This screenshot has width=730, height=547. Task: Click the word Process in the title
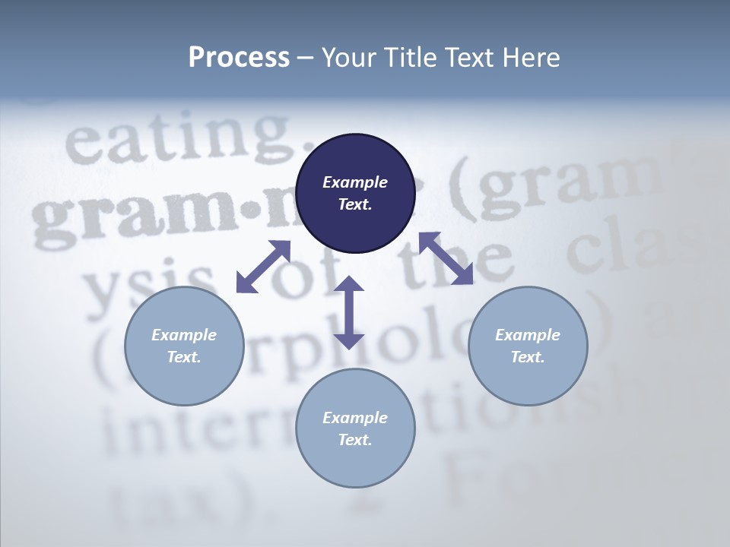239,58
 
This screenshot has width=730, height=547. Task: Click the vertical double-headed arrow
349,312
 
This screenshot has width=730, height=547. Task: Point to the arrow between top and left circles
263,266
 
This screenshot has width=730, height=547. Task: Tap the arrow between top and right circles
446,258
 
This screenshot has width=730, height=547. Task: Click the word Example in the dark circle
355,182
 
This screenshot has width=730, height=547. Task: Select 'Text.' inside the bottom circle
355,440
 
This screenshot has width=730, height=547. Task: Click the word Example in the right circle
528,335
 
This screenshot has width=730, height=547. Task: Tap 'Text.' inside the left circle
184,357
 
